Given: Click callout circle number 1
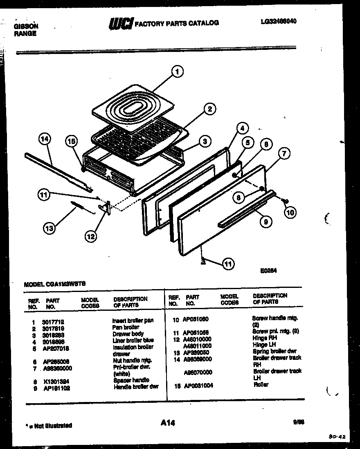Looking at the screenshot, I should click(x=177, y=72).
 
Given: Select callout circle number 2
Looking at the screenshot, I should click(x=209, y=109).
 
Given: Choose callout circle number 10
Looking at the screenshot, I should click(x=290, y=212).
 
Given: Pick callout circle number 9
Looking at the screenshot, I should click(x=265, y=222).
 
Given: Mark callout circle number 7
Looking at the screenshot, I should click(x=284, y=154).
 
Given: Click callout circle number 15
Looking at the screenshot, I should click(x=72, y=141).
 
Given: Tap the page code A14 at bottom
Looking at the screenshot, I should click(x=168, y=423).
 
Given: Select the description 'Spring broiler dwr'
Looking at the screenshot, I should click(x=274, y=351).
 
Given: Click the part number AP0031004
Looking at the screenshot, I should click(x=198, y=386).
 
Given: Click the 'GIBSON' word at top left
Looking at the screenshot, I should click(x=26, y=26).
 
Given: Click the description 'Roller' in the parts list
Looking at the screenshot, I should click(x=261, y=385).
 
